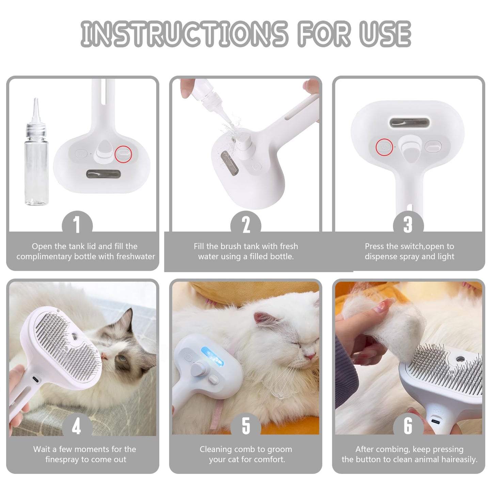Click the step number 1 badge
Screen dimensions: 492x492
[x=77, y=224]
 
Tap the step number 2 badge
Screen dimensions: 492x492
[x=246, y=224]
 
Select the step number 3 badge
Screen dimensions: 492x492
[x=408, y=224]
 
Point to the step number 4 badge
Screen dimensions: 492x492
[x=77, y=426]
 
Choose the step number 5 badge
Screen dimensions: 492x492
[x=246, y=426]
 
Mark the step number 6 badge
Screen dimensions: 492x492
[x=408, y=426]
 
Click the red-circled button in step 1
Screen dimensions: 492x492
[x=123, y=154]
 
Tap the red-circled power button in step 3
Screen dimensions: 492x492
[x=384, y=147]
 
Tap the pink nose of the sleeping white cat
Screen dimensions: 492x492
[x=310, y=356]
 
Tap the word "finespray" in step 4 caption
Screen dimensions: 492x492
[x=62, y=460]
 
